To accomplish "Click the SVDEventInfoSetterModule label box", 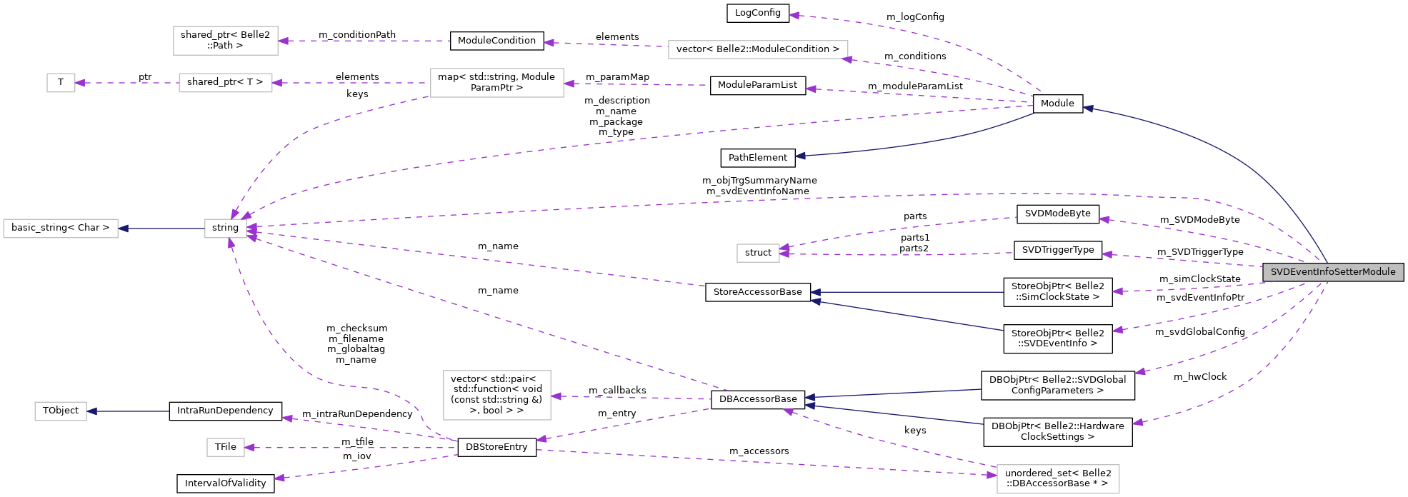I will (1332, 272).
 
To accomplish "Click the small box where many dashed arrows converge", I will (225, 229).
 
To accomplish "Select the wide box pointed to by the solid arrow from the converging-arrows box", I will (61, 229).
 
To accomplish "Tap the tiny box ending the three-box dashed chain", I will (61, 83).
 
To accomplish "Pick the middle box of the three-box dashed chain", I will (225, 83).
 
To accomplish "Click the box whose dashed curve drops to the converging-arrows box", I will (496, 83).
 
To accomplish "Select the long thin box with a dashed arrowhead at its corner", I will (757, 49).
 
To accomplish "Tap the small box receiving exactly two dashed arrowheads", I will (758, 253).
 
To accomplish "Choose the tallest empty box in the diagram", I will (496, 395).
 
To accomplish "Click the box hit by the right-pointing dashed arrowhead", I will (1057, 478).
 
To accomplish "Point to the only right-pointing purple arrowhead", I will (992, 475).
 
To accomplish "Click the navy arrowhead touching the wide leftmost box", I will (124, 229).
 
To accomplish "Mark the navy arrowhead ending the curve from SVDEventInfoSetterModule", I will (1088, 109).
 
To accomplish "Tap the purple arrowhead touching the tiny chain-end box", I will (80, 83).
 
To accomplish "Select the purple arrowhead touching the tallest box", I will (556, 396).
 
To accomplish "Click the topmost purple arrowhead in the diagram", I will (794, 15).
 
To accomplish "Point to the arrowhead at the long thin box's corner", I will (847, 59).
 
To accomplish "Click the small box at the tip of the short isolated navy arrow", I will (61, 411).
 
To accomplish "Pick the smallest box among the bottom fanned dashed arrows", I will (225, 447).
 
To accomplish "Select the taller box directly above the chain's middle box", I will (225, 41).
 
